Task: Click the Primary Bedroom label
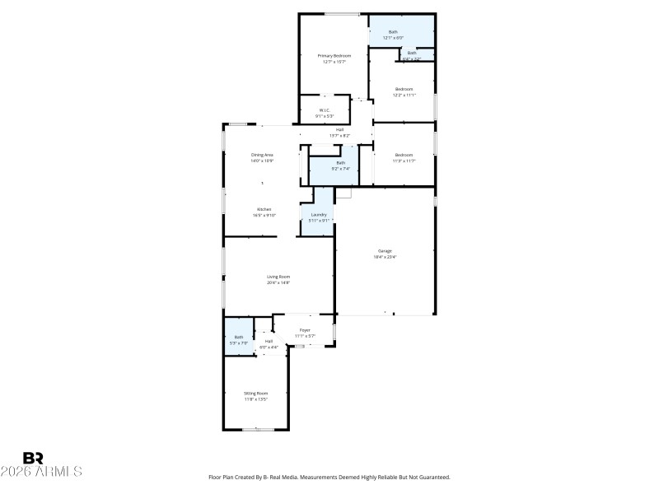pos(329,55)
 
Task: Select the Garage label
pos(385,250)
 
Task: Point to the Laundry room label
pos(318,215)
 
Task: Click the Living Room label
pos(278,277)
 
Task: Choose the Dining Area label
pos(262,155)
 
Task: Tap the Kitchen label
pos(264,209)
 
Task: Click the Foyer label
pos(305,330)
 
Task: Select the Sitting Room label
pos(255,394)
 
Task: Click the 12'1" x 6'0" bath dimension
pos(393,38)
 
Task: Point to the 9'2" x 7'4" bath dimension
pos(340,169)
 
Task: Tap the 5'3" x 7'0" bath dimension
pos(239,343)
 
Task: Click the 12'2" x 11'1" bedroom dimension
pos(404,95)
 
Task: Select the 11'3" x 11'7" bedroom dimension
pos(403,161)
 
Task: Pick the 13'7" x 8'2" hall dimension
pos(339,135)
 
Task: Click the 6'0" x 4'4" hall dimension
pos(269,347)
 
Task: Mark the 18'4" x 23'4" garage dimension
pos(385,257)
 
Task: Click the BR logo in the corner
pos(33,458)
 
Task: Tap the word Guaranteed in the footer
pos(431,477)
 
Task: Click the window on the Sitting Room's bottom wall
pos(255,429)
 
